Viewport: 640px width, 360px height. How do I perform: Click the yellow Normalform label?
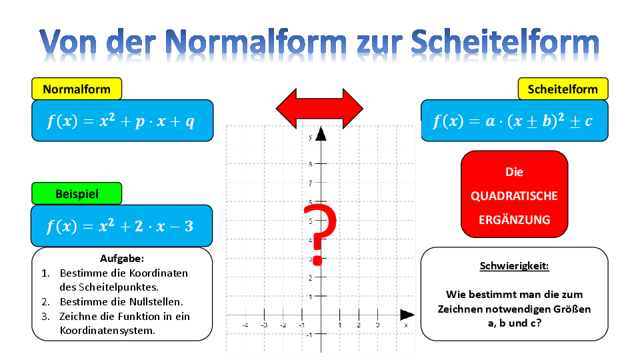(x=77, y=89)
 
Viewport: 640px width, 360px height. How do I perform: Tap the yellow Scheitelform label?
(x=563, y=89)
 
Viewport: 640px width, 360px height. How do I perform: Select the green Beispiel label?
(x=77, y=193)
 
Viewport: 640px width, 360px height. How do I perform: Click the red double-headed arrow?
(x=319, y=109)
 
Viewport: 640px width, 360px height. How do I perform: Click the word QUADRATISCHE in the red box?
(x=514, y=196)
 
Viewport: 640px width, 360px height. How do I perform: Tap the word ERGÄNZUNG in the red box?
(x=514, y=220)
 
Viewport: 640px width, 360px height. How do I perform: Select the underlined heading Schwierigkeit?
(x=514, y=266)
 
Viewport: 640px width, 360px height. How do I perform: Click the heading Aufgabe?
(x=122, y=259)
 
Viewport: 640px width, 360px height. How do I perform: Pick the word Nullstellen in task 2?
(x=155, y=301)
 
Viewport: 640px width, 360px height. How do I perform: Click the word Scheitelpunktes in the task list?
(x=109, y=287)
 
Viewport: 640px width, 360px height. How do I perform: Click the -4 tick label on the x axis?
(x=245, y=325)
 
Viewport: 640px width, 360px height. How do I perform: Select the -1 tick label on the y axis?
(x=309, y=335)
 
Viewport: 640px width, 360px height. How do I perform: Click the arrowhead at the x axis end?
(x=407, y=315)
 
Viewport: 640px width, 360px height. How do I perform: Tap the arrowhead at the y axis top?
(x=321, y=133)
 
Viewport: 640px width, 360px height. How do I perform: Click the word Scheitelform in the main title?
(x=505, y=43)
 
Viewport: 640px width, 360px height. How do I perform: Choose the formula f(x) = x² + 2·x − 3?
(x=119, y=226)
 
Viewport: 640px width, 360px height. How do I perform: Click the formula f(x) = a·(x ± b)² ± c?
(x=513, y=121)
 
